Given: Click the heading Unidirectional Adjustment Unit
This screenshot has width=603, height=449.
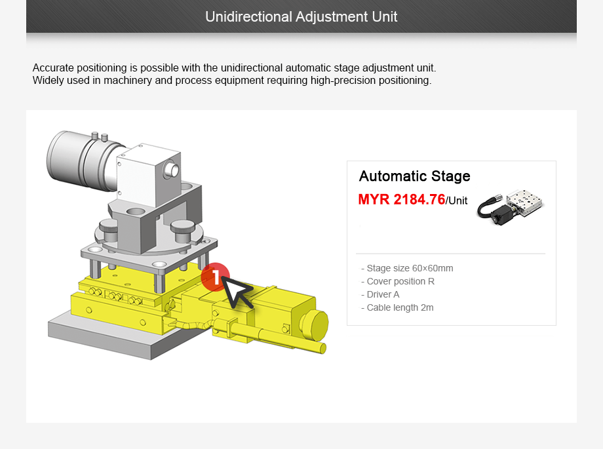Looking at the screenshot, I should (301, 16).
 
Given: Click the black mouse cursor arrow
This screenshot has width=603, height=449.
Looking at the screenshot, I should (237, 292).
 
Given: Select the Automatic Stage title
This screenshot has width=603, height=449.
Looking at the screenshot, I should (414, 176).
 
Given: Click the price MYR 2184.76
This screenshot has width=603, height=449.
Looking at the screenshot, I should (401, 200).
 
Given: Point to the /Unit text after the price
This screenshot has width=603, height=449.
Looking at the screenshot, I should (457, 201).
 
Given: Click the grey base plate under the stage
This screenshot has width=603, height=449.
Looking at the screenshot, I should (98, 338).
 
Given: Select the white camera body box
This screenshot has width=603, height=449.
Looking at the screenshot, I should (144, 174).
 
